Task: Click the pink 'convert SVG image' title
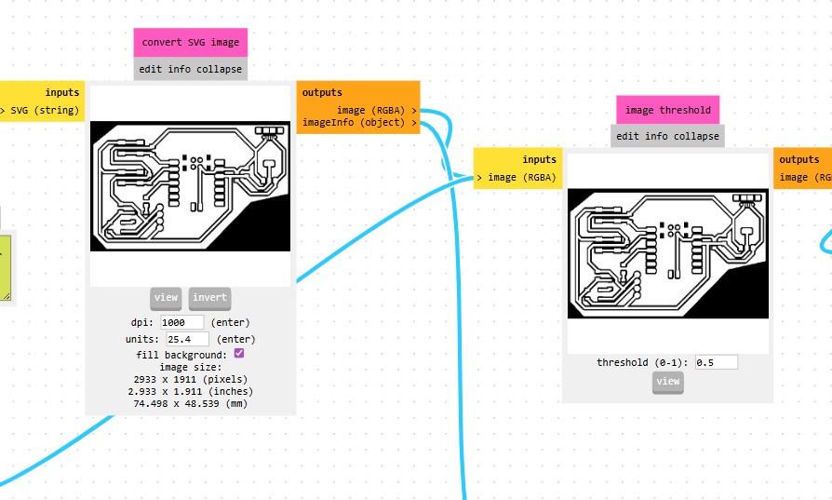191,42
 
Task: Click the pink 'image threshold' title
667,110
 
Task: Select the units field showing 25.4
187,339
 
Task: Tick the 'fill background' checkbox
239,354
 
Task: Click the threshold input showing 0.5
716,362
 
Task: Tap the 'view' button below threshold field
667,381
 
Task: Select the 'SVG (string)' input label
45,111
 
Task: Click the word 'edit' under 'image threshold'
627,136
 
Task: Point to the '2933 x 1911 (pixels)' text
191,379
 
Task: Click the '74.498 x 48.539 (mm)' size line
191,403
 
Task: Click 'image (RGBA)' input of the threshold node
521,178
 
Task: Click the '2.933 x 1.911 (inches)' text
191,391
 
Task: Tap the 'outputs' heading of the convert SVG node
322,92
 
